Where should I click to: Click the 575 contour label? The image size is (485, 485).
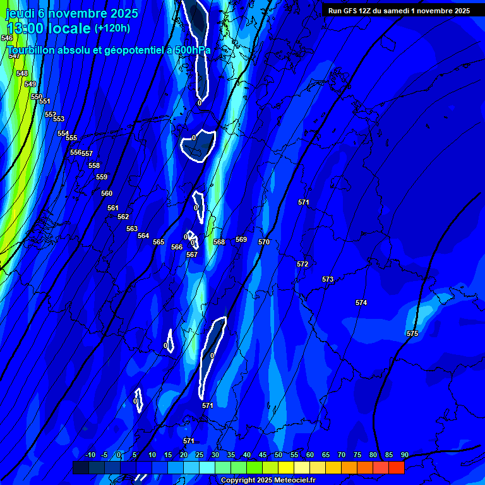click(x=412, y=333)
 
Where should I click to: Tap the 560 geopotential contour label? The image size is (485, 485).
click(x=107, y=193)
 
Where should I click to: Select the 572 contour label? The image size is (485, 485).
click(x=302, y=264)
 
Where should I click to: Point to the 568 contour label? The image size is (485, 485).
click(x=219, y=242)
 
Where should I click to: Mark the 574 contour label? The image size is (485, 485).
click(x=361, y=303)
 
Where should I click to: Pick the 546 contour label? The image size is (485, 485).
click(x=7, y=39)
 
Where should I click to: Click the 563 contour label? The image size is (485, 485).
click(x=132, y=229)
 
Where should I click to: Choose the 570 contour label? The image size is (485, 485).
click(x=264, y=242)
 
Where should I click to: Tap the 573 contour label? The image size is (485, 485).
click(x=328, y=279)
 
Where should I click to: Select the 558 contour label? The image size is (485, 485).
click(x=94, y=165)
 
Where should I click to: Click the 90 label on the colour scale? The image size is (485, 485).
click(x=404, y=455)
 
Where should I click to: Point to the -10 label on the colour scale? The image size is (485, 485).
click(x=90, y=455)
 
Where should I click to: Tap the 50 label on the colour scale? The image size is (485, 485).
click(x=278, y=455)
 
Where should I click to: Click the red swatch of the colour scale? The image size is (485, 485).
click(x=397, y=467)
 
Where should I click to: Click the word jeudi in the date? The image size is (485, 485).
click(x=20, y=13)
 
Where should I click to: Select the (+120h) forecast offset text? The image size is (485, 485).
click(x=112, y=28)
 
